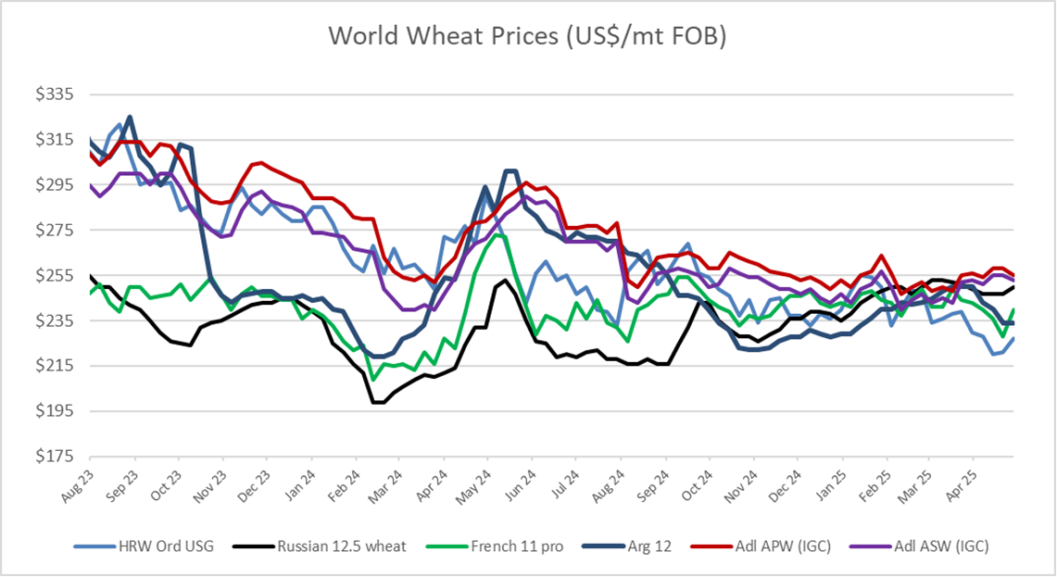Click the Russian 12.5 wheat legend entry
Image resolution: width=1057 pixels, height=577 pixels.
[341, 546]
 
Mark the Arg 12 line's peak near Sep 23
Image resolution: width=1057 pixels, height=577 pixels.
[130, 117]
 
